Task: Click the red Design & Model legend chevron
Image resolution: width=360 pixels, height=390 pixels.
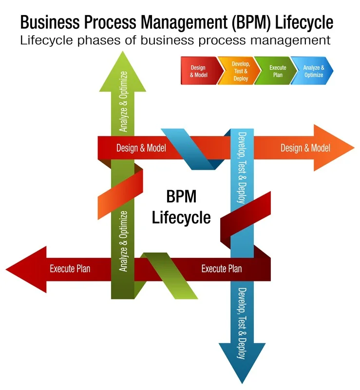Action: click(201, 71)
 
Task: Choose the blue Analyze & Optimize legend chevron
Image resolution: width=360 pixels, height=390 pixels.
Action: click(313, 71)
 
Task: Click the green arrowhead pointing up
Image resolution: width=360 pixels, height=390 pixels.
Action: click(123, 75)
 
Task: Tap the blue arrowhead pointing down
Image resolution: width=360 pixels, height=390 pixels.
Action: click(242, 361)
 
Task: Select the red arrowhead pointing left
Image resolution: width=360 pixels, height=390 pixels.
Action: click(29, 270)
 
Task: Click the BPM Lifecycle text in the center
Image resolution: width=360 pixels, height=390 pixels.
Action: click(181, 207)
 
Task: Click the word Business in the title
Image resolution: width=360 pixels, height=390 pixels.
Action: click(50, 22)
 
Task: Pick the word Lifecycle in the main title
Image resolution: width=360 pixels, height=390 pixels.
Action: click(304, 22)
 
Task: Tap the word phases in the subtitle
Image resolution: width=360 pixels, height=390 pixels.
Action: click(99, 40)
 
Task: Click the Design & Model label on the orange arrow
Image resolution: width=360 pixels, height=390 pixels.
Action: click(305, 148)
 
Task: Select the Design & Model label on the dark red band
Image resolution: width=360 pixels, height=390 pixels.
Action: click(141, 148)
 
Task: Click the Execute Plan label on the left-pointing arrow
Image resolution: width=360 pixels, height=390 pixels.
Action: click(70, 269)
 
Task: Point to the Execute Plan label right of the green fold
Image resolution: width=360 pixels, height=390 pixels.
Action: click(222, 269)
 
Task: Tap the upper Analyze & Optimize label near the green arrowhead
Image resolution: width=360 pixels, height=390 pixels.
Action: click(123, 101)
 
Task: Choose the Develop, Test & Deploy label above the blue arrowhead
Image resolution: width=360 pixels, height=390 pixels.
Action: click(242, 323)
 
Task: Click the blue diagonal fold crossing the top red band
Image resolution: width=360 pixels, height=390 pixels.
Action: click(193, 149)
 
